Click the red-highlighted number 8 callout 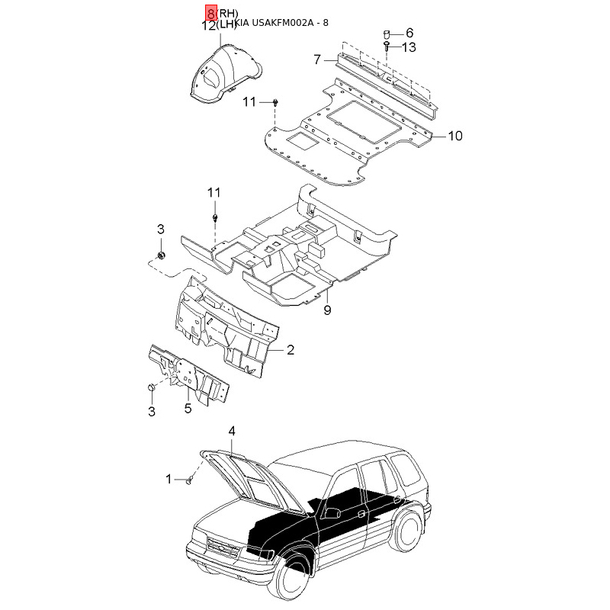(x=210, y=13)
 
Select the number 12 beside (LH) (x=209, y=25)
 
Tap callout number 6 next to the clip (x=409, y=33)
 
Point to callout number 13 (x=409, y=47)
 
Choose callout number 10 (x=454, y=136)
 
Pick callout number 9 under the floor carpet (x=327, y=310)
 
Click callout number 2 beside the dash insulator (x=290, y=350)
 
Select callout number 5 (x=188, y=409)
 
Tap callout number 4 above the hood (x=232, y=432)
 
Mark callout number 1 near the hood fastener (x=169, y=479)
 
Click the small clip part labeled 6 (x=387, y=34)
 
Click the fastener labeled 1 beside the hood (x=188, y=480)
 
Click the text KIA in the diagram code (x=242, y=23)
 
